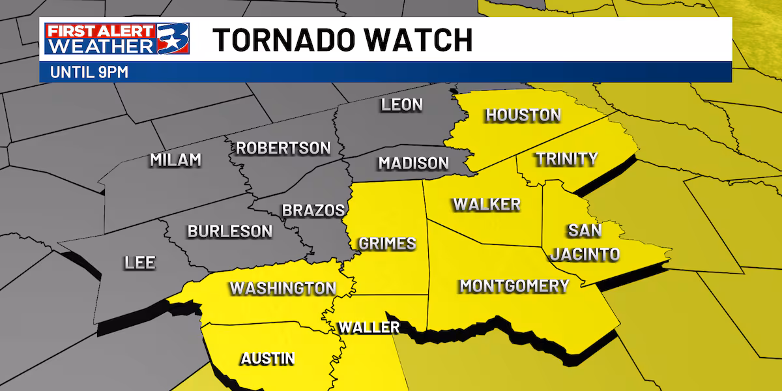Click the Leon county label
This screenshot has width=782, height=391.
402,104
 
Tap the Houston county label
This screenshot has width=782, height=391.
523,115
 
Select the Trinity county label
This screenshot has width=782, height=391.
566,158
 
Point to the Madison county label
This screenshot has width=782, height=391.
414,163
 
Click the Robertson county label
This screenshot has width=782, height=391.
283,148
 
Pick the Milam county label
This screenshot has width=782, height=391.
175,160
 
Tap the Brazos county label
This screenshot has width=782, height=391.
313,210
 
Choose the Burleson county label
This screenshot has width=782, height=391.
230,231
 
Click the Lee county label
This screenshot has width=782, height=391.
140,263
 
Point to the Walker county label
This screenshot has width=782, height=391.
487,205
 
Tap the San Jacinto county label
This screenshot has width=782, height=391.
585,242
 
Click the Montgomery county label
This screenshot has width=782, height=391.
514,285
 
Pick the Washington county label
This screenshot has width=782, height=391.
282,288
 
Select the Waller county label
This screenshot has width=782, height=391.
368,327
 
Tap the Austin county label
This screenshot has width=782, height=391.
267,358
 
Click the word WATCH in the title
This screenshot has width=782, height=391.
426,40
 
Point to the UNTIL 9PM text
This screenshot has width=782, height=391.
89,72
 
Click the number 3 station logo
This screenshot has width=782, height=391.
173,40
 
